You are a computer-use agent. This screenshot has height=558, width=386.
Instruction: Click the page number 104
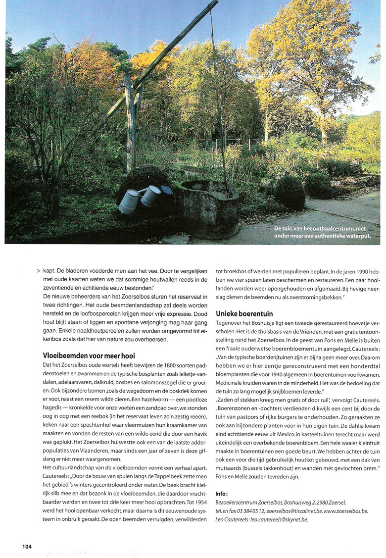pyautogui.click(x=27, y=546)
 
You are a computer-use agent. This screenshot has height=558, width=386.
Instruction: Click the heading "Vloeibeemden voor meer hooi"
pyautogui.click(x=89, y=355)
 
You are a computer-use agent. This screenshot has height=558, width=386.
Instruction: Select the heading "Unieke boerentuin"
pyautogui.click(x=244, y=313)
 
